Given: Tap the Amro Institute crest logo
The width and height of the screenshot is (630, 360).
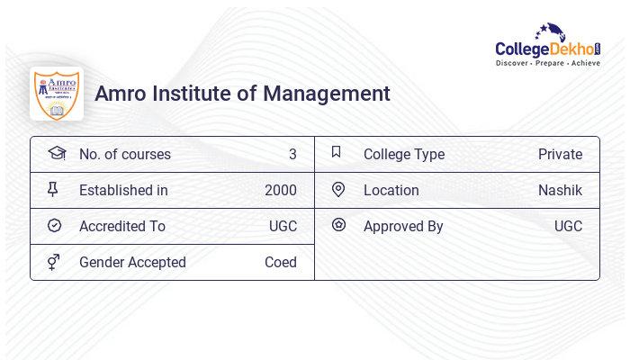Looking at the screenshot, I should point(57,94).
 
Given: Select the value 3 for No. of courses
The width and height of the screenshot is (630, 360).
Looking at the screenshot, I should point(292,155).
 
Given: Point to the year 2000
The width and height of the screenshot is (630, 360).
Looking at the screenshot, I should point(280,191).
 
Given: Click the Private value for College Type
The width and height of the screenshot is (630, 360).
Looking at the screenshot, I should point(560,155).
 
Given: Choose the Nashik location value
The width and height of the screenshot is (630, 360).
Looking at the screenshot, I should point(560,191).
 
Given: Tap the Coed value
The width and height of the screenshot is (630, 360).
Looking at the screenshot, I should point(280,263).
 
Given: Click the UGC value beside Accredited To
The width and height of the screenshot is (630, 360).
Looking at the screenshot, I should point(283,227).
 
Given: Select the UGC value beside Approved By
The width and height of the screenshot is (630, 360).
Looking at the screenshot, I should point(568,227).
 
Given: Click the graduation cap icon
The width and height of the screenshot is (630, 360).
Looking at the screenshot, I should point(56,153).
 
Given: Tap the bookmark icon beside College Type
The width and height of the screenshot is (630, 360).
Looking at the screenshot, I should point(336,152).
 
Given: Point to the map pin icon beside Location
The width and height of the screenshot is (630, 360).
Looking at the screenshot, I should point(338,189).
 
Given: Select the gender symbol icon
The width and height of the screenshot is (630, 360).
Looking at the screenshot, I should point(53,262).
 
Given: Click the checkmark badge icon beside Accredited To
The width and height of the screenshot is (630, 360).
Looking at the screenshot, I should point(54,226).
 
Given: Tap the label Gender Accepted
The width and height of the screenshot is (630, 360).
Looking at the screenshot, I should point(132,263).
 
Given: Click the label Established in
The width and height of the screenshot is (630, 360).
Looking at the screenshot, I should point(123,191).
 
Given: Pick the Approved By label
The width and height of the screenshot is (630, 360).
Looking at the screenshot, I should point(403,227).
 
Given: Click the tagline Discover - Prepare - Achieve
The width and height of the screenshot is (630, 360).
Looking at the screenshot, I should point(548,64).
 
